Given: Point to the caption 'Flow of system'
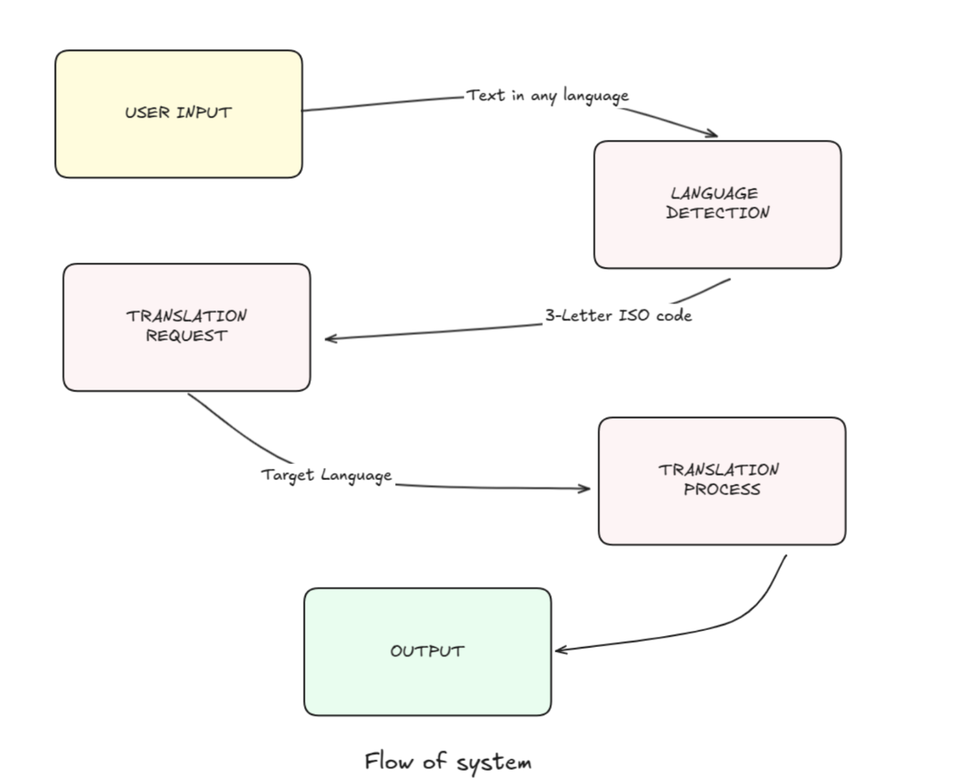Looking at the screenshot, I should pos(448,762).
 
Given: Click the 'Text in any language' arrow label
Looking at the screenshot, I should pos(547,96).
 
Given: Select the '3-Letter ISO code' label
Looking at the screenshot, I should pos(618,315).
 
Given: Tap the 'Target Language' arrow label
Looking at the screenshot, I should pos(326,475).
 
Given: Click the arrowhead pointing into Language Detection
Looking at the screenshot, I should pos(713,134).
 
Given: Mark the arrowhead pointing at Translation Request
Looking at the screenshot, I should pos(329,338).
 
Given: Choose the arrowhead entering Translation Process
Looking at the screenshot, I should pos(586,488).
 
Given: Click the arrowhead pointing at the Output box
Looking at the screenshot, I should pos(559,650).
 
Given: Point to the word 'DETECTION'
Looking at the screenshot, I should pos(717,213).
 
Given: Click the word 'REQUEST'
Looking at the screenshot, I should pos(186,336).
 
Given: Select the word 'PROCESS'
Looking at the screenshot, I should pos(721,490).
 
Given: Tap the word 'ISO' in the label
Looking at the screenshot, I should pos(634,315).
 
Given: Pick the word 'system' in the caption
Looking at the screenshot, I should pos(494,763).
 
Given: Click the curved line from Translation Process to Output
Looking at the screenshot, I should pos(750,611).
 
